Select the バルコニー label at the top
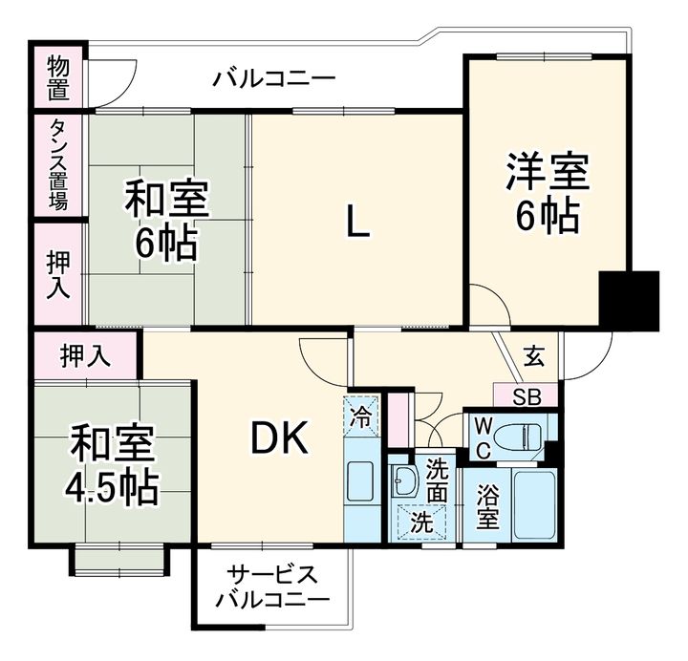click(274, 76)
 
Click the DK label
click(279, 438)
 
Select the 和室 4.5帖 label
click(113, 467)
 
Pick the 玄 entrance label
click(535, 357)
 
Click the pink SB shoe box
click(527, 395)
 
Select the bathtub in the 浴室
click(533, 503)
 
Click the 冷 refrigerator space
click(361, 416)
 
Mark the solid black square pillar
click(630, 300)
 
